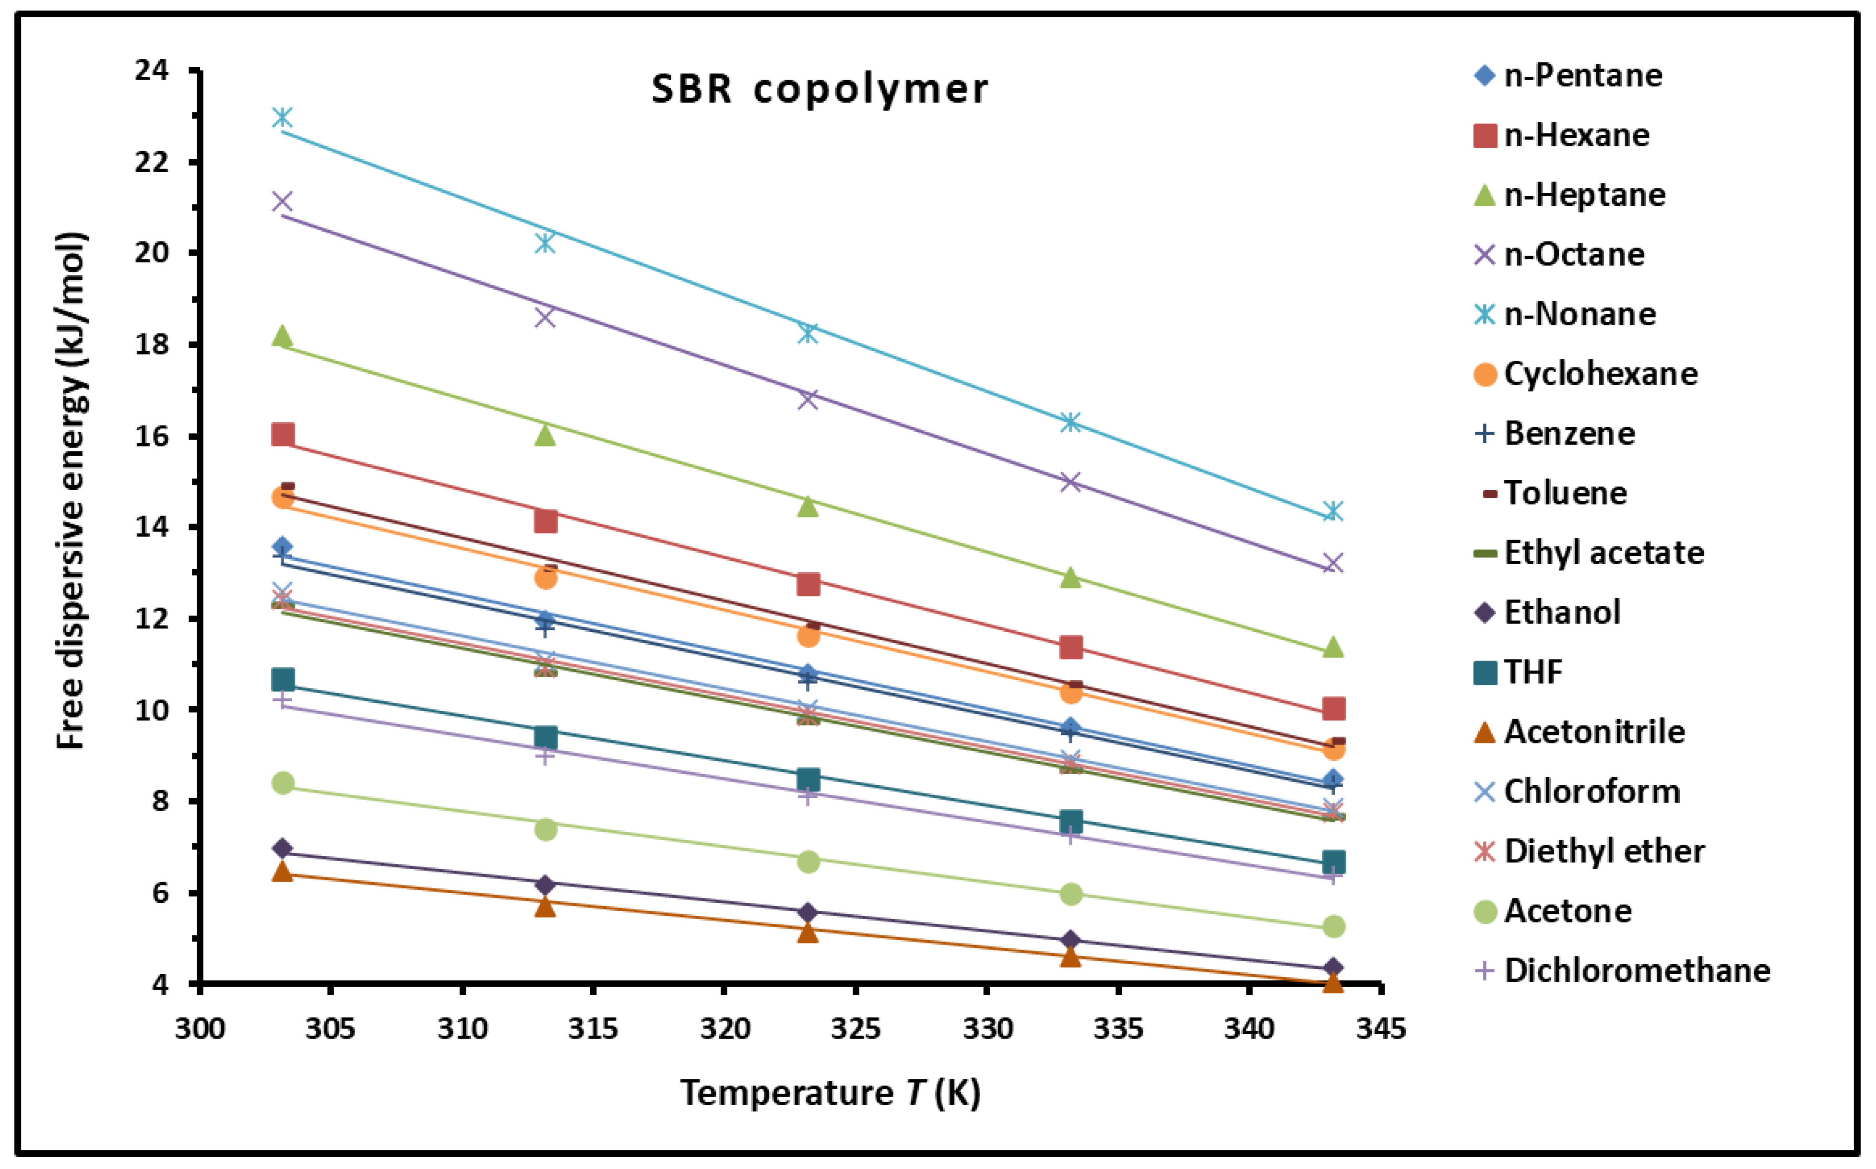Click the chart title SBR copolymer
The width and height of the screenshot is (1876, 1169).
click(x=819, y=89)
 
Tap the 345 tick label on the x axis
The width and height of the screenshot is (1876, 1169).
click(x=1380, y=1029)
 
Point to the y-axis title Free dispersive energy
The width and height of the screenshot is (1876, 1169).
click(x=71, y=490)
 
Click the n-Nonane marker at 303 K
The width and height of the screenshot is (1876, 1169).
click(x=283, y=118)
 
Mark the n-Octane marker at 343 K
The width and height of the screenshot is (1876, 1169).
click(x=1332, y=563)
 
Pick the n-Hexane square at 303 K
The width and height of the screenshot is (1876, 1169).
click(x=283, y=435)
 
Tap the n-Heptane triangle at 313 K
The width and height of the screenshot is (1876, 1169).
click(x=545, y=435)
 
